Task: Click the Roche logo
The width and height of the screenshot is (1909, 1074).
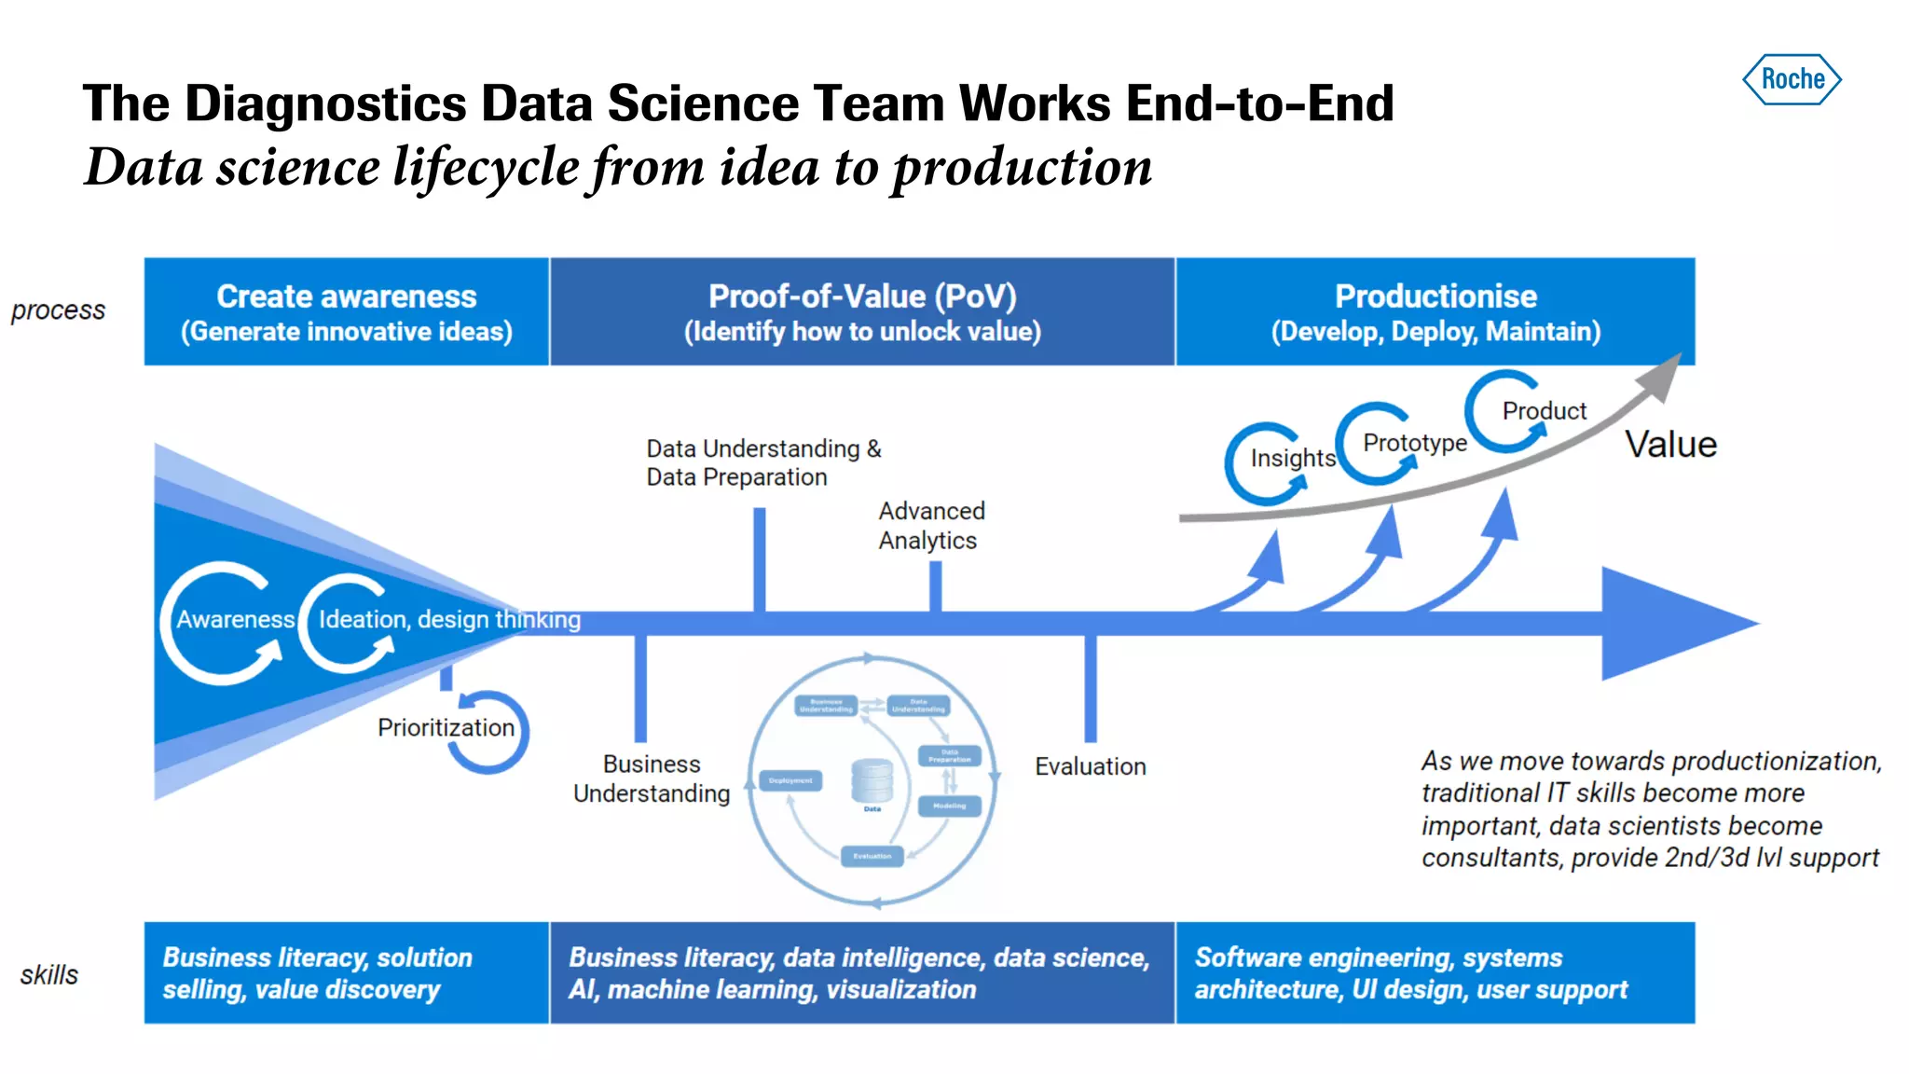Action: tap(1792, 79)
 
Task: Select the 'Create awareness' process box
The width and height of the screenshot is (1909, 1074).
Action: tap(346, 311)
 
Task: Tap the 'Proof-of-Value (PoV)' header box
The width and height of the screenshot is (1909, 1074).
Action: tap(862, 311)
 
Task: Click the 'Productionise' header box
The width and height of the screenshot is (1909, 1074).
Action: tap(1435, 311)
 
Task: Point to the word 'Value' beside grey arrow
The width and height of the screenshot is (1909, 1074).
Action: tap(1670, 445)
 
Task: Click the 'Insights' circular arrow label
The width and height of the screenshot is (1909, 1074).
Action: tap(1292, 458)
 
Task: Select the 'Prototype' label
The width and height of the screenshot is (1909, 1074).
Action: tap(1414, 442)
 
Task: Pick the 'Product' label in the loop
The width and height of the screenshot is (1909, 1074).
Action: tap(1544, 410)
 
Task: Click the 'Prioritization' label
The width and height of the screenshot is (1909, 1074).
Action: tap(446, 727)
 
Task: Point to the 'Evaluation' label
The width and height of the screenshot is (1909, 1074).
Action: tap(1090, 766)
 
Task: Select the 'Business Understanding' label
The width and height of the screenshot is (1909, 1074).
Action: tap(652, 778)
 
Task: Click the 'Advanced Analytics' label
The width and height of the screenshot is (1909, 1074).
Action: tap(930, 526)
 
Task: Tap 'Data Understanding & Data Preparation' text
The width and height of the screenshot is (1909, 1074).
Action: tap(762, 462)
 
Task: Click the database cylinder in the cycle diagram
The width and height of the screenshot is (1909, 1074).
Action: tap(872, 780)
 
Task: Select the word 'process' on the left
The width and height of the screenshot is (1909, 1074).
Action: tap(58, 310)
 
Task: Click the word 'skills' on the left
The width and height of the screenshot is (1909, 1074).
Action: tap(49, 975)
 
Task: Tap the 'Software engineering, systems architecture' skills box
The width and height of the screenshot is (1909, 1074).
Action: tap(1435, 973)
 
